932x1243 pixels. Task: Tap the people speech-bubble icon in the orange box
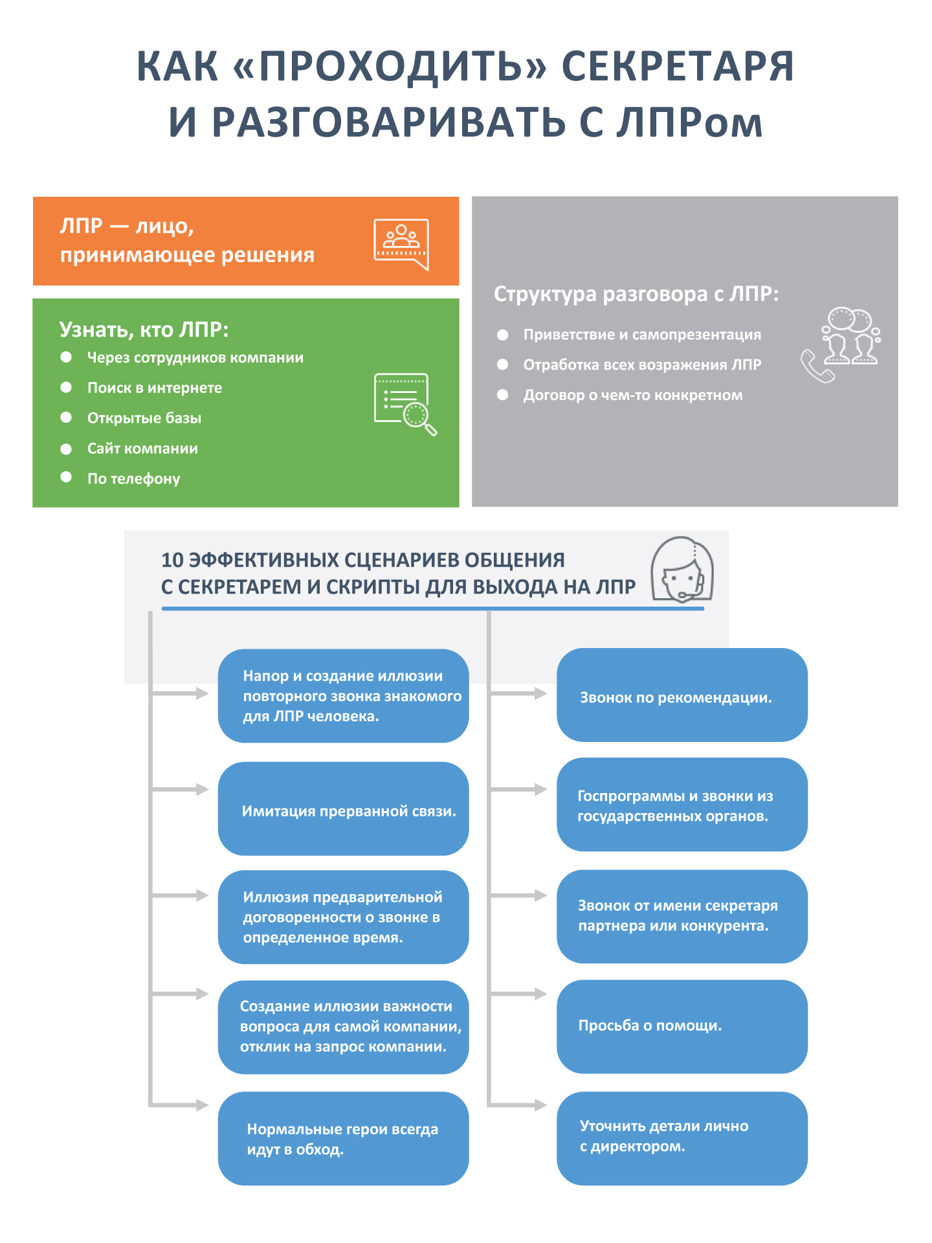[401, 243]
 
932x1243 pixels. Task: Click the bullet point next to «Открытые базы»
[66, 418]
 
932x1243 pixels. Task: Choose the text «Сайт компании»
[142, 448]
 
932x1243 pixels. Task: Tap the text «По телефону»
[133, 478]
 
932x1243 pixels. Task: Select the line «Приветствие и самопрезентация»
[641, 335]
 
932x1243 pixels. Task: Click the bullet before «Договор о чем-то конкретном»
[502, 395]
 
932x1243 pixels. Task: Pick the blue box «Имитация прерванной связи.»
[343, 809]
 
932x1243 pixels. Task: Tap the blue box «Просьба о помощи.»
[682, 1026]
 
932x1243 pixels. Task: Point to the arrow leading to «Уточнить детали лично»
[518, 1105]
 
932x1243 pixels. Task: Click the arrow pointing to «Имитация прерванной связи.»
[180, 789]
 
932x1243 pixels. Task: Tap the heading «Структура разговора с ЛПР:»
[636, 294]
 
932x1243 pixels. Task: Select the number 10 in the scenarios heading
[172, 560]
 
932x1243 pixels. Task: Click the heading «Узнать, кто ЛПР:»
[144, 330]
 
